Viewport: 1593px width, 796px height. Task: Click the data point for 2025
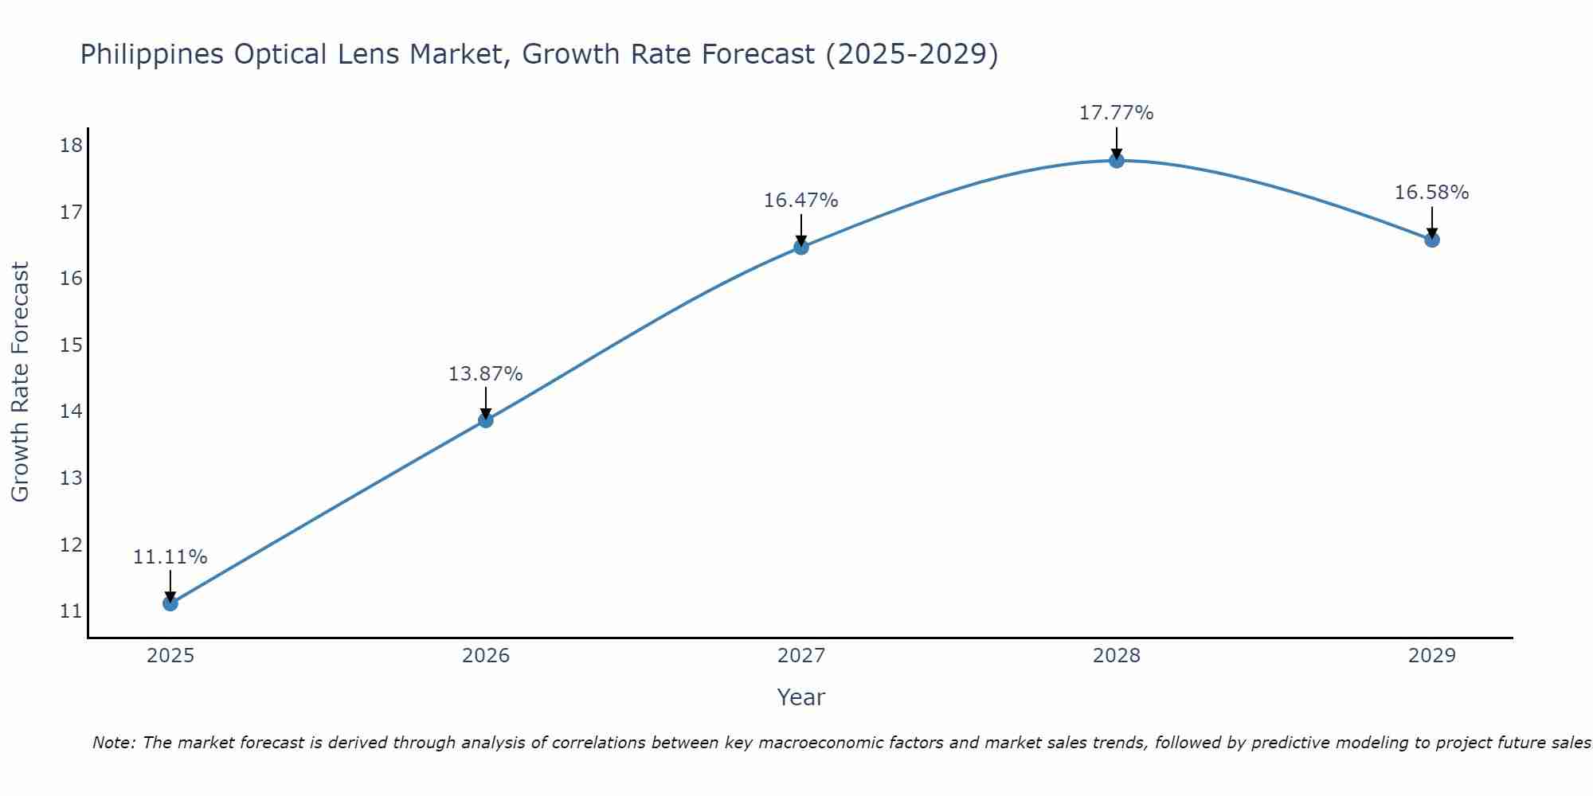[170, 603]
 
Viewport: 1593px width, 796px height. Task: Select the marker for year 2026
[486, 419]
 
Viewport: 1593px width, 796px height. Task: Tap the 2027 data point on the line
[801, 247]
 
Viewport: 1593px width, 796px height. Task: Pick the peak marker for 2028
[1117, 160]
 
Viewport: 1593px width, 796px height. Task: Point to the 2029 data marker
[1432, 240]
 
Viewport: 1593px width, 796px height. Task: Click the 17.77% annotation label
[1116, 113]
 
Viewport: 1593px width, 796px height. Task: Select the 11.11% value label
[170, 557]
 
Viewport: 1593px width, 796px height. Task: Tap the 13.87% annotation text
[485, 374]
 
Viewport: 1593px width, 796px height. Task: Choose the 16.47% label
[800, 201]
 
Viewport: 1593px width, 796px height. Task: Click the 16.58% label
[1431, 193]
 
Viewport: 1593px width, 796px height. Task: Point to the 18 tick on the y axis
[71, 145]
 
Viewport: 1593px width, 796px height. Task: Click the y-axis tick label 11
[71, 611]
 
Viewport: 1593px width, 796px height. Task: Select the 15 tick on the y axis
[71, 345]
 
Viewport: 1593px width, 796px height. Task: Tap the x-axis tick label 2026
[486, 656]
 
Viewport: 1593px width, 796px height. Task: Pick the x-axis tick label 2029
[1432, 656]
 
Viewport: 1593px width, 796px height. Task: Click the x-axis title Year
[800, 697]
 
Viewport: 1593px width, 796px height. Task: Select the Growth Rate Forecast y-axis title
[20, 382]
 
